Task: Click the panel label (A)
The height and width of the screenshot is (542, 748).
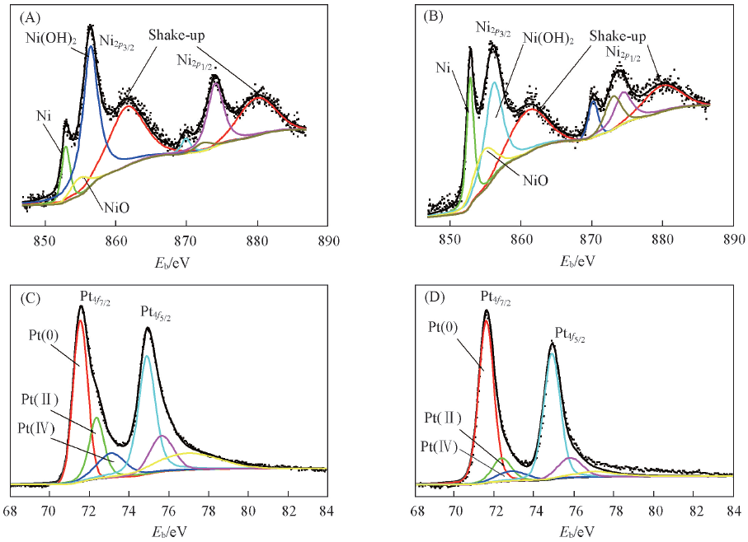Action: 27,16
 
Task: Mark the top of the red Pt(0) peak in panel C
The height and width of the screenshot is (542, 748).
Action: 80,322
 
